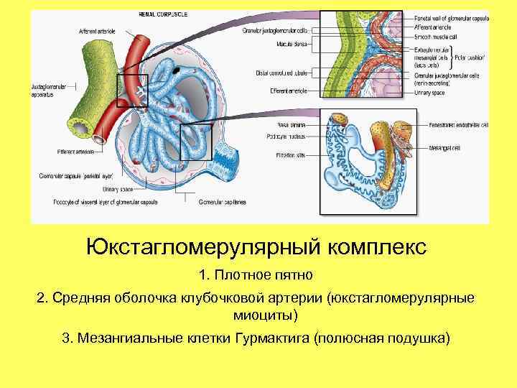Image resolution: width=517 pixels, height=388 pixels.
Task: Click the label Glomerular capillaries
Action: [223, 202]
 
